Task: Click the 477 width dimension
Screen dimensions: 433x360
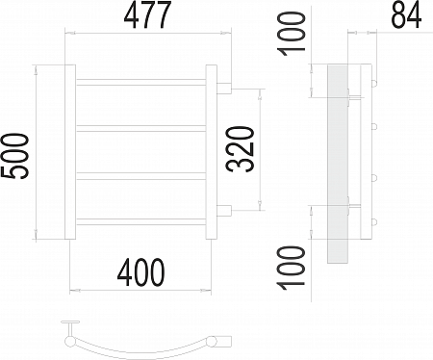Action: coord(147,15)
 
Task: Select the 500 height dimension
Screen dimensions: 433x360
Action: coord(15,156)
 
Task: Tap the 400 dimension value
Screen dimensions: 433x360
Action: coord(140,272)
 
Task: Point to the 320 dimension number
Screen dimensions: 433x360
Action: coord(241,149)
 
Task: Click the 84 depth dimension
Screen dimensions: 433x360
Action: coord(406,15)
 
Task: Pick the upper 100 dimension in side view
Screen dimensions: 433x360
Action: coord(292,34)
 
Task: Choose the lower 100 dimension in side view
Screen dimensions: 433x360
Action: coord(292,268)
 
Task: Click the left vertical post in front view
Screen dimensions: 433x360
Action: coord(70,152)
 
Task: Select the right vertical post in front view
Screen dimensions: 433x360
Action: coord(211,152)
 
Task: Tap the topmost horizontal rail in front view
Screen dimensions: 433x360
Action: coord(140,83)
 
